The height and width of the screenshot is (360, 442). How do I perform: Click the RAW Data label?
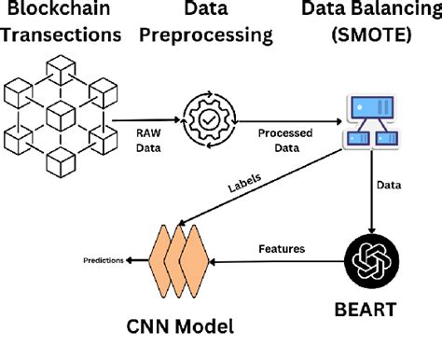pos(149,140)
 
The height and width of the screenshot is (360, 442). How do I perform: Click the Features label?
pos(281,248)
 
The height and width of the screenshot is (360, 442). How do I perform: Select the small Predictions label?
pos(103,260)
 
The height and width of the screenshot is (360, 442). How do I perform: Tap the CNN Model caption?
pos(181,326)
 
